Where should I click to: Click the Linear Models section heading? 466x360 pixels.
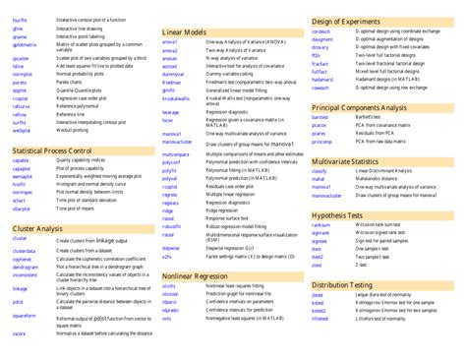[x=184, y=32]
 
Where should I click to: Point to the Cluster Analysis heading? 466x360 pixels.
[x=38, y=228]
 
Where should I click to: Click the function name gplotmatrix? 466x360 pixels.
[x=25, y=44]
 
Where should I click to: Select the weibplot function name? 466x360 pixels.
[x=23, y=129]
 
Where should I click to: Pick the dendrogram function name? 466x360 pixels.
[x=26, y=267]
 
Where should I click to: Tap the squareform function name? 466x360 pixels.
[x=25, y=316]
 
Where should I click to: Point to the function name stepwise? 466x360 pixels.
[x=171, y=248]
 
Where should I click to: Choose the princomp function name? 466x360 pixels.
[x=320, y=142]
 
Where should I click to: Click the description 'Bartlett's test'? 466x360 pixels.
[x=373, y=117]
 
